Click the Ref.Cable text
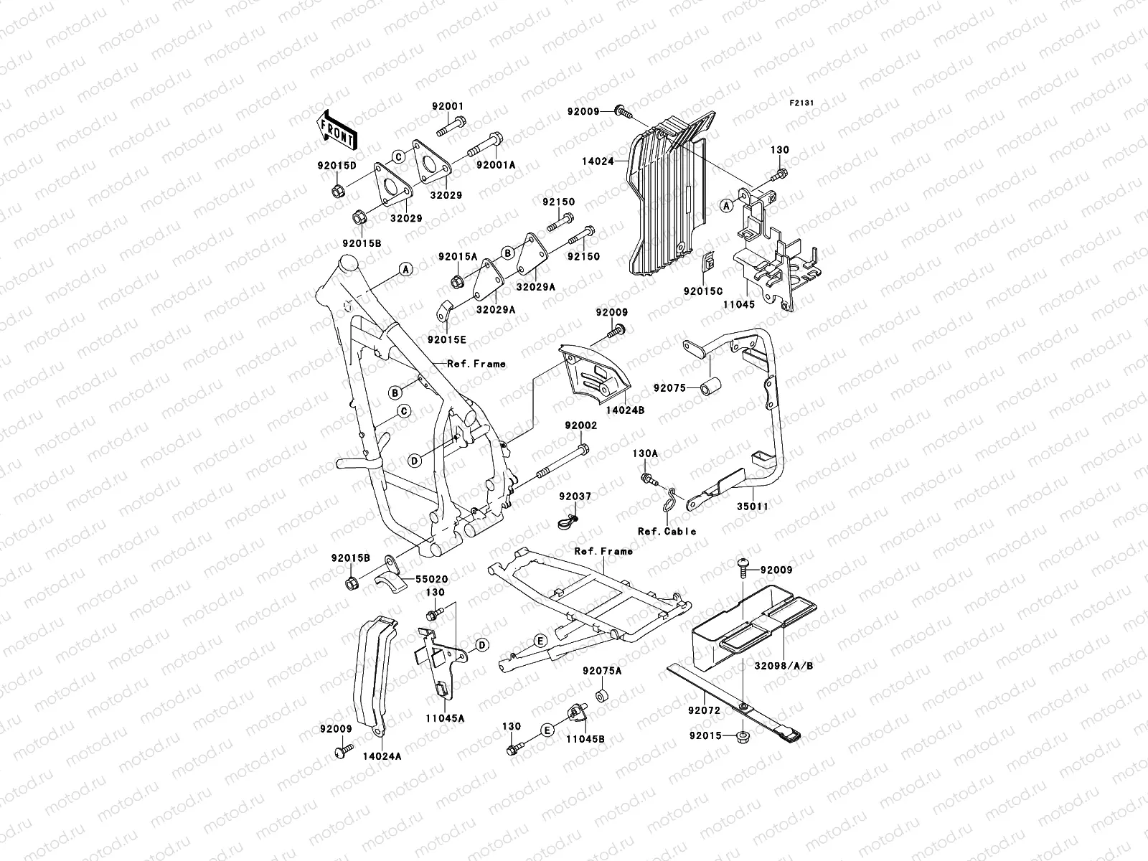(x=667, y=532)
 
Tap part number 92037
(x=575, y=496)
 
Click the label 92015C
(x=703, y=292)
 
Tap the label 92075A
(x=602, y=671)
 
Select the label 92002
(x=580, y=425)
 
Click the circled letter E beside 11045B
(x=547, y=730)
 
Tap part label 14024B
(x=625, y=411)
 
